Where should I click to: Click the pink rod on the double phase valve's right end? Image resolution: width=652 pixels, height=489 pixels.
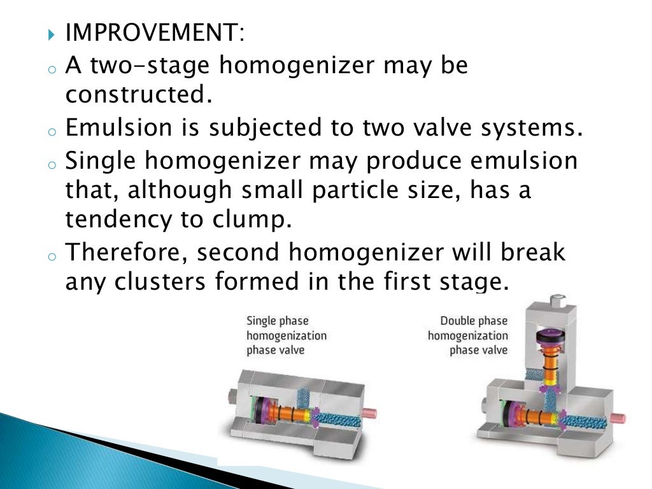617,418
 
